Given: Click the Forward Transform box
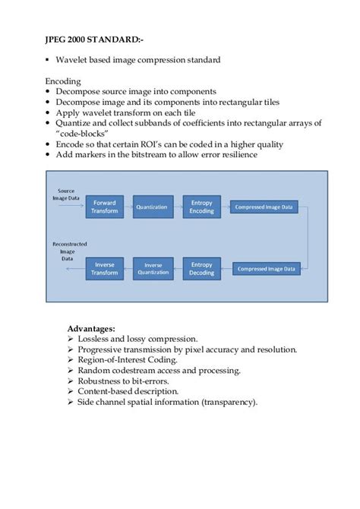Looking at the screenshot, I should coord(105,207).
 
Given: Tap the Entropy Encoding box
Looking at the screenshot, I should coord(201,207).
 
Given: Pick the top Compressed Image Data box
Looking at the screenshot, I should coord(264,207).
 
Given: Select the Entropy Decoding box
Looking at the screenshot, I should coord(201,268).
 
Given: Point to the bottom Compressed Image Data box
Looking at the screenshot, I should coord(264,268).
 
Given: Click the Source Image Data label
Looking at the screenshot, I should coord(67,196).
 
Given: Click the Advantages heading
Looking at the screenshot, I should coord(91,328).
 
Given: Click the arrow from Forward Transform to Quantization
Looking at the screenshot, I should coord(128,207).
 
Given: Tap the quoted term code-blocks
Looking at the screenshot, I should coord(84,134).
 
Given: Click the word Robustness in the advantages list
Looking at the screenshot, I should coord(103,381).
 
